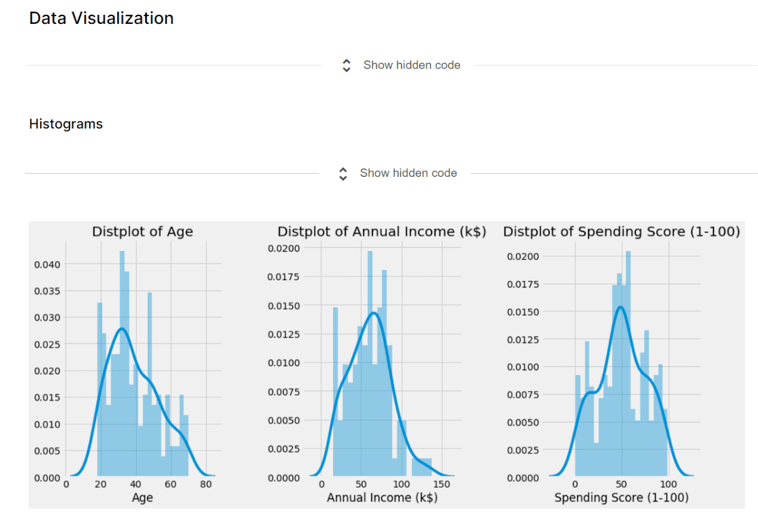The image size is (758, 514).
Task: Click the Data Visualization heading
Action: point(101,19)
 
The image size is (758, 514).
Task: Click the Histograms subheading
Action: point(66,124)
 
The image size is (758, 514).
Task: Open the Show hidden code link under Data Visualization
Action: point(411,65)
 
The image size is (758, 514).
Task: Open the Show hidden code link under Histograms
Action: point(408,173)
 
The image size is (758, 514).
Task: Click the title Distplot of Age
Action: point(142,232)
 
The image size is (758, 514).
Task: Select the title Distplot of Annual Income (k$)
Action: point(381,232)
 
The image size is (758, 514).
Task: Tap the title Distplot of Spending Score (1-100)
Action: point(621,232)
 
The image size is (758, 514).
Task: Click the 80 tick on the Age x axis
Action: point(206,485)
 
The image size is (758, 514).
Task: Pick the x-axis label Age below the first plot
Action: point(142,497)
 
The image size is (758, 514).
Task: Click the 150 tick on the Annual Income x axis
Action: point(442,485)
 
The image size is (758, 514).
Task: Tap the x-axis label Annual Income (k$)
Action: point(381,497)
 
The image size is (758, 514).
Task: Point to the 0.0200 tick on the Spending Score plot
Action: point(523,256)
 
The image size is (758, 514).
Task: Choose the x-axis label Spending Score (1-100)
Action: point(621,497)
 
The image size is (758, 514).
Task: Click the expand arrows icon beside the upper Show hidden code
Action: point(346,66)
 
